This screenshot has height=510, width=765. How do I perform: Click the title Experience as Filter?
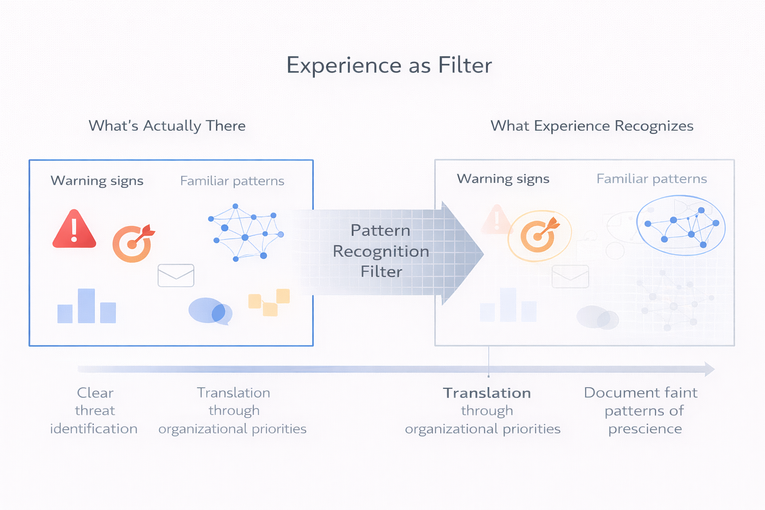[x=389, y=65]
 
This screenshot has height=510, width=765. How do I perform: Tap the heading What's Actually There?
[x=167, y=126]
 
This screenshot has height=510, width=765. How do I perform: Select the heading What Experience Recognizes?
[x=592, y=126]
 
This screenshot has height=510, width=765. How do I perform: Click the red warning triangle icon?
[x=74, y=230]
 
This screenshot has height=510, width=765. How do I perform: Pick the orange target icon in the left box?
[x=133, y=243]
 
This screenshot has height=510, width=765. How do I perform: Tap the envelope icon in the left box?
[x=176, y=275]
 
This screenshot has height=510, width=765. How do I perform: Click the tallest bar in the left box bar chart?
[x=86, y=306]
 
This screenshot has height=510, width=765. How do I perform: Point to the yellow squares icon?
[x=269, y=302]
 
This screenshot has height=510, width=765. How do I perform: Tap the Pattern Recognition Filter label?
[x=381, y=251]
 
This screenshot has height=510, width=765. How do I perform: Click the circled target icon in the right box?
[x=539, y=236]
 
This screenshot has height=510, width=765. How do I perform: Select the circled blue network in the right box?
[x=681, y=226]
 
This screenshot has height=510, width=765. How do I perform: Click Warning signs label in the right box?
[x=503, y=179]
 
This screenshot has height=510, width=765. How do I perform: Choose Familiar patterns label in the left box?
[x=232, y=181]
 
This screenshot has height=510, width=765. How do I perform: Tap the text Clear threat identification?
[x=94, y=410]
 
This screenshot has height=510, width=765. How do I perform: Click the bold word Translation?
[x=487, y=393]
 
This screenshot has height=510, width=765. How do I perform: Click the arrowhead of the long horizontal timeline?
[x=709, y=369]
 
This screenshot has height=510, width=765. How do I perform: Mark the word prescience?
[x=645, y=429]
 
